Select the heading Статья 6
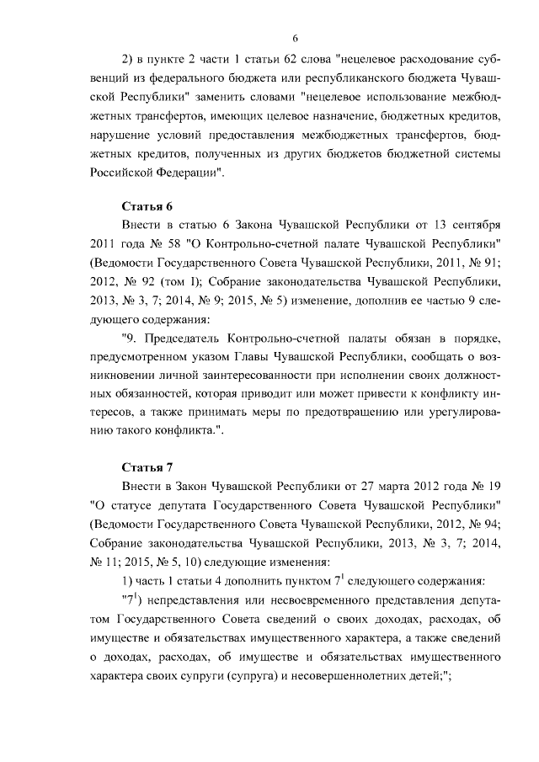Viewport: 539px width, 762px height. (149, 206)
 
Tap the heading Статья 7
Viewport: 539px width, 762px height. (149, 466)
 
